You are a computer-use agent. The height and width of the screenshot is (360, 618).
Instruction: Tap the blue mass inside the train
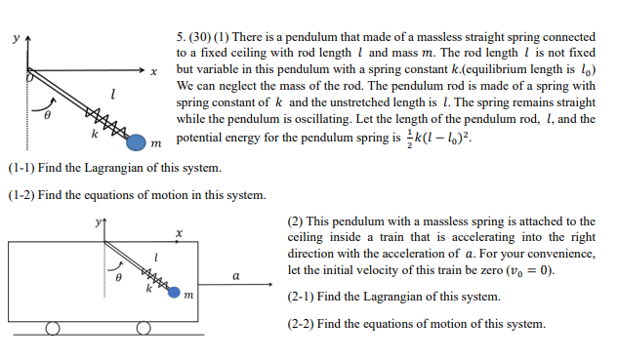click(175, 292)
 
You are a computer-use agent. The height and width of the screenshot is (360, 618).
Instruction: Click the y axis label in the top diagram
click(14, 39)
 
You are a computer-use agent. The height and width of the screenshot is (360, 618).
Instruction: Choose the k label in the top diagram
click(94, 130)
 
